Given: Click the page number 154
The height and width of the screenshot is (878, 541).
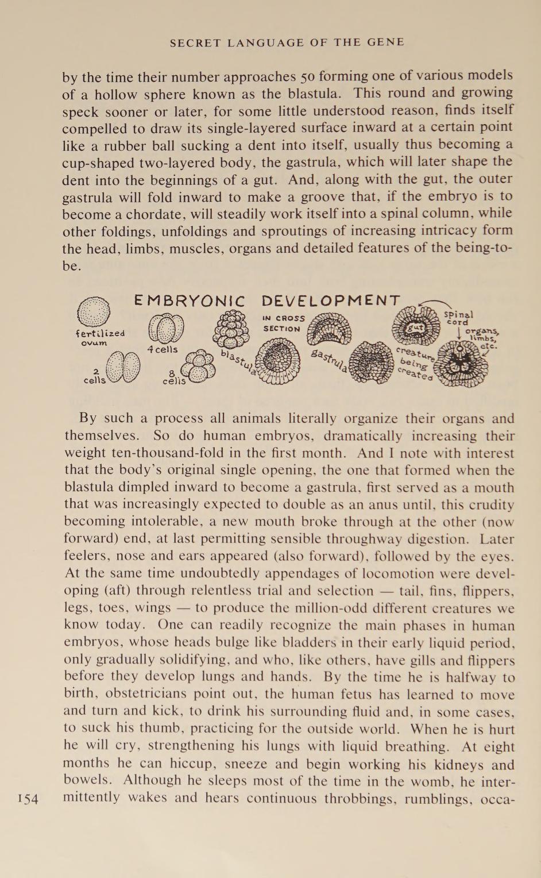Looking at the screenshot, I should click(x=28, y=798).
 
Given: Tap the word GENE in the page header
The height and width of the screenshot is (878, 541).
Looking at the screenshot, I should click(x=386, y=43).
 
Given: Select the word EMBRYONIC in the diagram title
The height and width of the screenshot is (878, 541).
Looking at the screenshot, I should click(x=190, y=301).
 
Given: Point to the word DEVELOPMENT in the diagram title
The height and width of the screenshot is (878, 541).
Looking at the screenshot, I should click(x=331, y=301).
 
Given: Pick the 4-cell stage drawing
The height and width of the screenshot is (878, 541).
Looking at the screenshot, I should click(x=166, y=330).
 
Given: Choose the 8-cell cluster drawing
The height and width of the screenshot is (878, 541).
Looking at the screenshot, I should click(x=198, y=367).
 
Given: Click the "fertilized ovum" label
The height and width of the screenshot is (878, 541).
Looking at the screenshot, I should click(x=100, y=337).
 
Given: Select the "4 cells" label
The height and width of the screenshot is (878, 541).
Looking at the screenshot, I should click(x=163, y=349).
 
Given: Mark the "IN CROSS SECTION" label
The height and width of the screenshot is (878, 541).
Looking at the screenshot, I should click(x=283, y=324).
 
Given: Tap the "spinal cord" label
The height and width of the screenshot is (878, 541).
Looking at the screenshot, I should click(x=459, y=318).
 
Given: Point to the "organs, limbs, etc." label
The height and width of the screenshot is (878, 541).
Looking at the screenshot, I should click(x=481, y=338).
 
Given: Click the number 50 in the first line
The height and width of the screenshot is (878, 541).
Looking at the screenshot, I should click(x=307, y=77).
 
